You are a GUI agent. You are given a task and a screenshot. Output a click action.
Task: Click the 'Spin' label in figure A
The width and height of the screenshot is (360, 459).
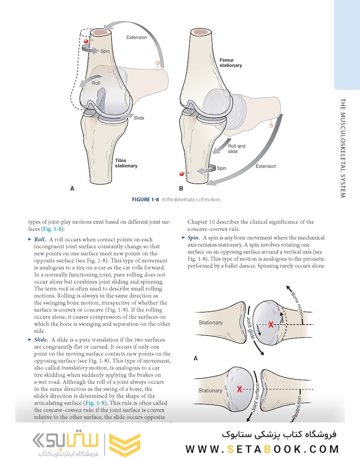pyautogui.click(x=105, y=51)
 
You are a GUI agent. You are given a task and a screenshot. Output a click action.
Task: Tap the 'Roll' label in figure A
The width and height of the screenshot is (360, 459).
pyautogui.click(x=96, y=83)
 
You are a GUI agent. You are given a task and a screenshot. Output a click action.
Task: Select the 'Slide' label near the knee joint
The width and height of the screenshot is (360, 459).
pyautogui.click(x=139, y=118)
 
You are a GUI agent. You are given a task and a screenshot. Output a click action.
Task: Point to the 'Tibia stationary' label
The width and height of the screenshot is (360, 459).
pyautogui.click(x=126, y=163)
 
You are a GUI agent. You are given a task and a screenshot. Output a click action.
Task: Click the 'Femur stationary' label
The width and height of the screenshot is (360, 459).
pyautogui.click(x=231, y=63)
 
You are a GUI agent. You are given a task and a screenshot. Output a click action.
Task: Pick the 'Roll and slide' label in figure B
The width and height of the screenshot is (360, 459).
pyautogui.click(x=236, y=149)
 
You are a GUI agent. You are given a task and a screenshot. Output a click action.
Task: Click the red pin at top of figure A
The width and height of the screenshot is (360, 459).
pyautogui.click(x=86, y=41)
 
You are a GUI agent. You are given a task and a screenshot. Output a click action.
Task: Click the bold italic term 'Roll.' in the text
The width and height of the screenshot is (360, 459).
pyautogui.click(x=40, y=240)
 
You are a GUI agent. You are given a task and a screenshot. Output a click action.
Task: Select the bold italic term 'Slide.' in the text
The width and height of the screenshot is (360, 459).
pyautogui.click(x=41, y=340)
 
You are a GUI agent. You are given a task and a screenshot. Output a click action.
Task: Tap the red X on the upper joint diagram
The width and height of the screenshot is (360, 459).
pyautogui.click(x=271, y=325)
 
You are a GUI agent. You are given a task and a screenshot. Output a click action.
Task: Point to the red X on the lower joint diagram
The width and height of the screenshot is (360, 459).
pyautogui.click(x=240, y=389)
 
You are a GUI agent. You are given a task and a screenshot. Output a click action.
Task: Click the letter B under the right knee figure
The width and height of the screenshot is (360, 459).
pyautogui.click(x=181, y=188)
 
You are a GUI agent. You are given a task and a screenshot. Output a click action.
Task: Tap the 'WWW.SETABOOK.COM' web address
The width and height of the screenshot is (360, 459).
pyautogui.click(x=262, y=449)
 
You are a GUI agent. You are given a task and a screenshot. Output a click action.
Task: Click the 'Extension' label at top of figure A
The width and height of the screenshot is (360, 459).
pyautogui.click(x=136, y=37)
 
